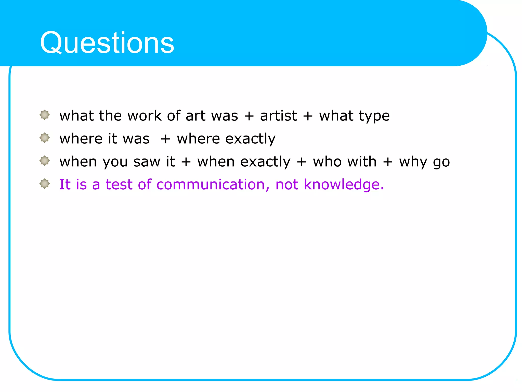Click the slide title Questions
click(107, 43)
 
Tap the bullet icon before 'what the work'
click(45, 115)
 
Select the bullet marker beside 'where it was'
click(45, 138)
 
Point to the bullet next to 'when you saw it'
click(45, 161)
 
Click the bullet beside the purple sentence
click(45, 183)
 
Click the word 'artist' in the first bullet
click(278, 116)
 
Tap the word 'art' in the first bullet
click(195, 116)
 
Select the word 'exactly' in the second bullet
click(250, 139)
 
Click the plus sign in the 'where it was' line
click(165, 139)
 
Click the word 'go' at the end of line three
click(441, 162)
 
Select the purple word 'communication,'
click(213, 185)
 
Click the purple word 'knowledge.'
click(344, 185)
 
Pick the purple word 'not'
click(287, 185)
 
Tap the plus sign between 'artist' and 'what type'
click(308, 116)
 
